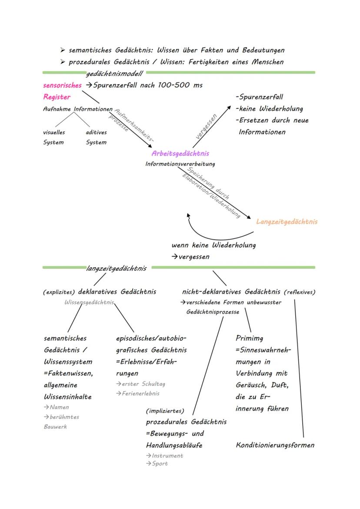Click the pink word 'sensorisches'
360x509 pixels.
(x=62, y=85)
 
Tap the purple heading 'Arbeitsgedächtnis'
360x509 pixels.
(x=180, y=153)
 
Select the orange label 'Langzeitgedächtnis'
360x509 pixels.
(x=287, y=222)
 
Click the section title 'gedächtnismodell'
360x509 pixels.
(x=114, y=74)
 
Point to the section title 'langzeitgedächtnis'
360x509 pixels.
(x=116, y=268)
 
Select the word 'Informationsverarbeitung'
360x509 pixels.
(x=180, y=164)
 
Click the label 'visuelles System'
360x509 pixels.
(x=53, y=137)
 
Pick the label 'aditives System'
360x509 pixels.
(x=96, y=137)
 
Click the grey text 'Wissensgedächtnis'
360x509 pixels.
(x=89, y=302)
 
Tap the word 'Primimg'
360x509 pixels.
(x=249, y=338)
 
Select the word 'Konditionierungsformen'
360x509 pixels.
(x=275, y=445)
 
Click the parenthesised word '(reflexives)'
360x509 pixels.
(x=300, y=292)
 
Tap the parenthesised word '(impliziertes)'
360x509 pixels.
(x=165, y=411)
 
